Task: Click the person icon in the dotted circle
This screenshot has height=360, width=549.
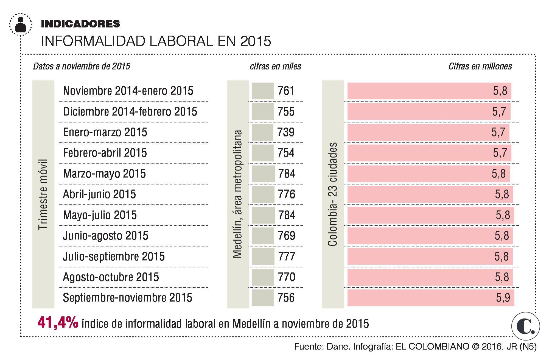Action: pyautogui.click(x=21, y=24)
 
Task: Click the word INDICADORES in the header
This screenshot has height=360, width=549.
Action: pyautogui.click(x=80, y=24)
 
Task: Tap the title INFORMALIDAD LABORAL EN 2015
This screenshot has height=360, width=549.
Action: pyautogui.click(x=156, y=41)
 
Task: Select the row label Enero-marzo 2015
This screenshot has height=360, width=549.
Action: pyautogui.click(x=105, y=132)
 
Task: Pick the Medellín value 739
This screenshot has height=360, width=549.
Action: pyautogui.click(x=286, y=132)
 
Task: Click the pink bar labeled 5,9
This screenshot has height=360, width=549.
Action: pyautogui.click(x=430, y=298)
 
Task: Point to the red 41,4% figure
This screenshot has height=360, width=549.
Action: pyautogui.click(x=58, y=323)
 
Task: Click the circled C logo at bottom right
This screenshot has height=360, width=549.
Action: pyautogui.click(x=525, y=326)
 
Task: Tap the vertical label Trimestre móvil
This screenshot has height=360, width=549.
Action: pyautogui.click(x=43, y=194)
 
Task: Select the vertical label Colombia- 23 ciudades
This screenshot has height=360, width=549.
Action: pyautogui.click(x=333, y=194)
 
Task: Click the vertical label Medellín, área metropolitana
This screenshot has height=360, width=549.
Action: pyautogui.click(x=237, y=194)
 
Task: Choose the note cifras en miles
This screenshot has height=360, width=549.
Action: pyautogui.click(x=275, y=66)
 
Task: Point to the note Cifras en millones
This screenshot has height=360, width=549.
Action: pyautogui.click(x=480, y=66)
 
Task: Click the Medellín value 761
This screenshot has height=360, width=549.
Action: pyautogui.click(x=286, y=91)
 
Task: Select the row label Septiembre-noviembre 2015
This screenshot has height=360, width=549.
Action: pyautogui.click(x=128, y=298)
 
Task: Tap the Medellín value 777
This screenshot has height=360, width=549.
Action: pyautogui.click(x=286, y=256)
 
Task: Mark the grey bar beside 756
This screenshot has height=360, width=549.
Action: pyautogui.click(x=263, y=298)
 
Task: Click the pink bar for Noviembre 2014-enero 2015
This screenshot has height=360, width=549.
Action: pyautogui.click(x=429, y=91)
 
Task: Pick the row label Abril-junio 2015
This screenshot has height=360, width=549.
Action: pyautogui.click(x=99, y=194)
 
